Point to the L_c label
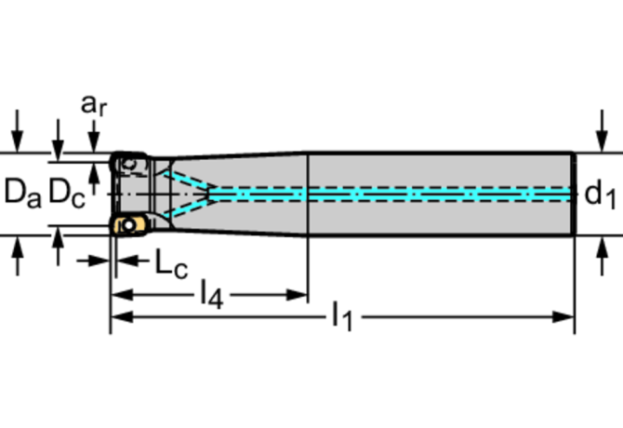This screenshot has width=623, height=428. (x=170, y=264)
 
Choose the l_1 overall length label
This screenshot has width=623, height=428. (x=342, y=317)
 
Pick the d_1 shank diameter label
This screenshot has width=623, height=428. (x=600, y=194)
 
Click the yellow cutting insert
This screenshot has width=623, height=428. (x=126, y=224)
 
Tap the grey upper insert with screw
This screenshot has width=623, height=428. (x=128, y=164)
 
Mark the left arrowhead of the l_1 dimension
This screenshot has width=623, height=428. (x=119, y=316)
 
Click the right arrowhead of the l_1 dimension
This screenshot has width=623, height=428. (x=566, y=316)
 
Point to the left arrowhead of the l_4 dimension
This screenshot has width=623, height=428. (x=119, y=295)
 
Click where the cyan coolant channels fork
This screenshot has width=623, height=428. (x=213, y=193)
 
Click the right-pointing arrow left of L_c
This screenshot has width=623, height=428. (x=98, y=261)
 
